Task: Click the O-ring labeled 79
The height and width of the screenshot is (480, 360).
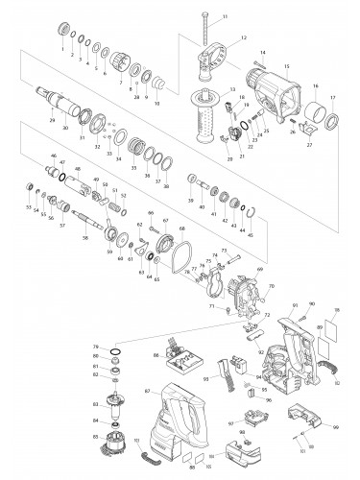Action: click(x=116, y=354)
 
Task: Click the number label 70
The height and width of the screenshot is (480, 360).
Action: click(x=272, y=286)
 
